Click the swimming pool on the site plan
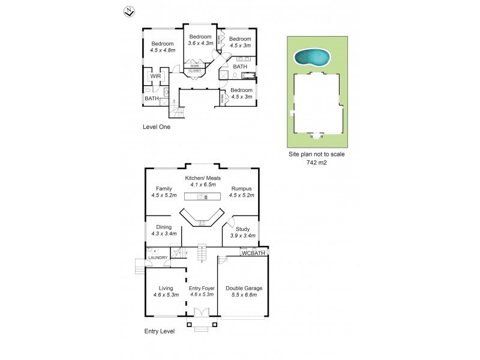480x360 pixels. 311,57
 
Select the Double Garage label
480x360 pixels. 244,288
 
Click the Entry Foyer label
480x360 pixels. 202,288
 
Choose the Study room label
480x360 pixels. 242,229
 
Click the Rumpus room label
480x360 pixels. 242,188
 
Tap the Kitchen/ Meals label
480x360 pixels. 203,178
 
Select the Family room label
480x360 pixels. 164,188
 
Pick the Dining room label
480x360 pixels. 164,227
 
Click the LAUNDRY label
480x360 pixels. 155,258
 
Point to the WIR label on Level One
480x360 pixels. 155,76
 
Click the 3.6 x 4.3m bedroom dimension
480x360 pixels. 200,43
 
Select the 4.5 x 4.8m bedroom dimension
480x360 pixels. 162,50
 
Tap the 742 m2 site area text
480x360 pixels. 317,163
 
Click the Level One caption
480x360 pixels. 157,127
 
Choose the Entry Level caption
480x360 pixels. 159,331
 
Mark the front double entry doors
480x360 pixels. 202,313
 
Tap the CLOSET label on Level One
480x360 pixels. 195,71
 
